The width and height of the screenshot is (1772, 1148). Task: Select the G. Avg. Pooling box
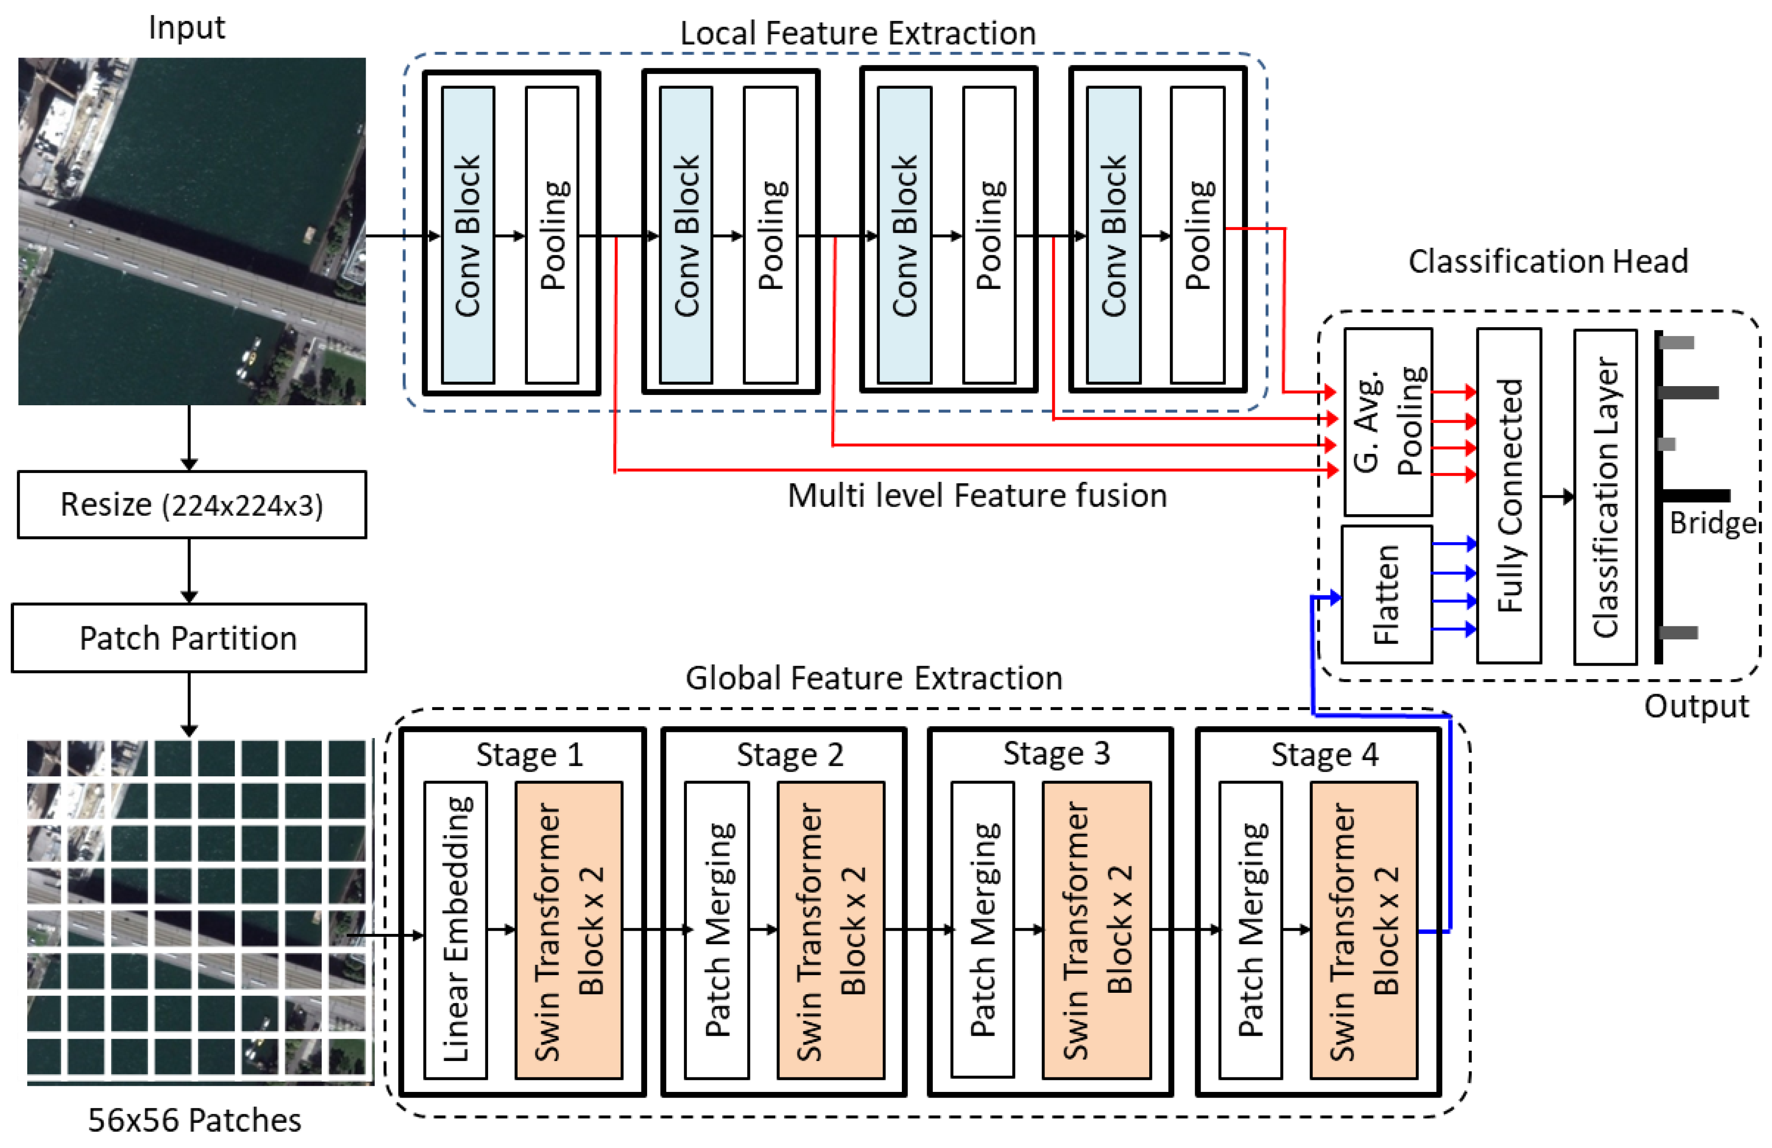click(1388, 421)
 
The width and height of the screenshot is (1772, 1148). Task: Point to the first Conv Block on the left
click(468, 235)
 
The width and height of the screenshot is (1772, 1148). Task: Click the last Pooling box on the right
click(1197, 235)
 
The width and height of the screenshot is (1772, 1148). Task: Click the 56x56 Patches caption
click(194, 1119)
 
